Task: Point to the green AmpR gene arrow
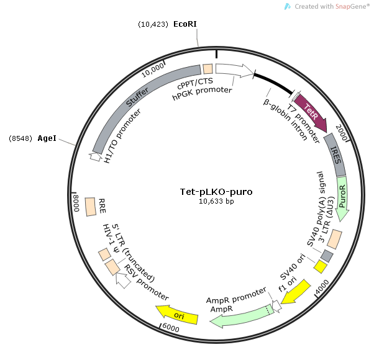pos(242,315)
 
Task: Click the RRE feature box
pos(90,207)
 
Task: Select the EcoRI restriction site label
pos(185,24)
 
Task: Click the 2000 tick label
pos(341,132)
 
